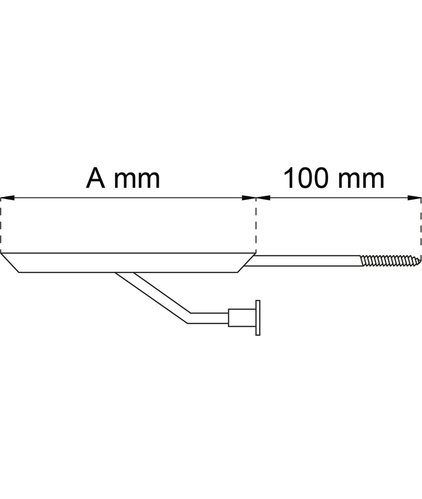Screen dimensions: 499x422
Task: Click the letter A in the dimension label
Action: pos(96,179)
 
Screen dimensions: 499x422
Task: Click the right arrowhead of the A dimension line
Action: pos(250,199)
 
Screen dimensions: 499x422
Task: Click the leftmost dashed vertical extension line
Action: pos(1,226)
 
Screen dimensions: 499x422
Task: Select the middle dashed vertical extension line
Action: pos(256,226)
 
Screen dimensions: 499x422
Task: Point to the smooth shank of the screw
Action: pos(303,261)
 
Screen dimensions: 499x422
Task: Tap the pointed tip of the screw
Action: pos(419,261)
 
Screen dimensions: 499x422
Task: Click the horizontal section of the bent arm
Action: pos(208,318)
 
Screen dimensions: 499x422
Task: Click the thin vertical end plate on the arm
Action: pos(258,318)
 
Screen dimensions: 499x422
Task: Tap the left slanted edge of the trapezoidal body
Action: pos(10,263)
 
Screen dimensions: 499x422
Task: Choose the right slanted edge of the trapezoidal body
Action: pos(246,263)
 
